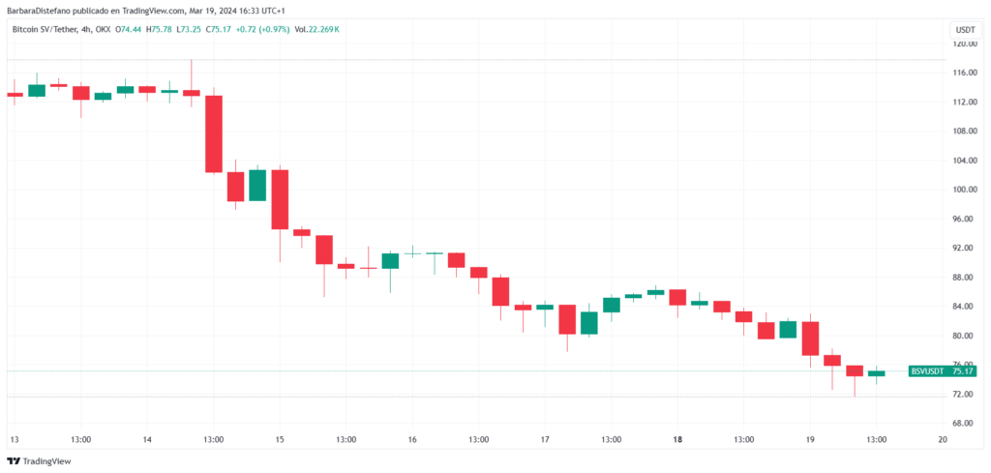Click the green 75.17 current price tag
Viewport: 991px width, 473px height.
pyautogui.click(x=963, y=371)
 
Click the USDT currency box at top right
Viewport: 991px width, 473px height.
pyautogui.click(x=964, y=30)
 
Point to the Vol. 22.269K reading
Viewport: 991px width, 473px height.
pyautogui.click(x=315, y=29)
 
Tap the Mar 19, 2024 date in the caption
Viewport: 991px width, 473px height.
pyautogui.click(x=213, y=10)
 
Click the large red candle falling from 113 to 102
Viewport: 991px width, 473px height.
pyautogui.click(x=214, y=133)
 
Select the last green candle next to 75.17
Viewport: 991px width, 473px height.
pyautogui.click(x=876, y=373)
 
